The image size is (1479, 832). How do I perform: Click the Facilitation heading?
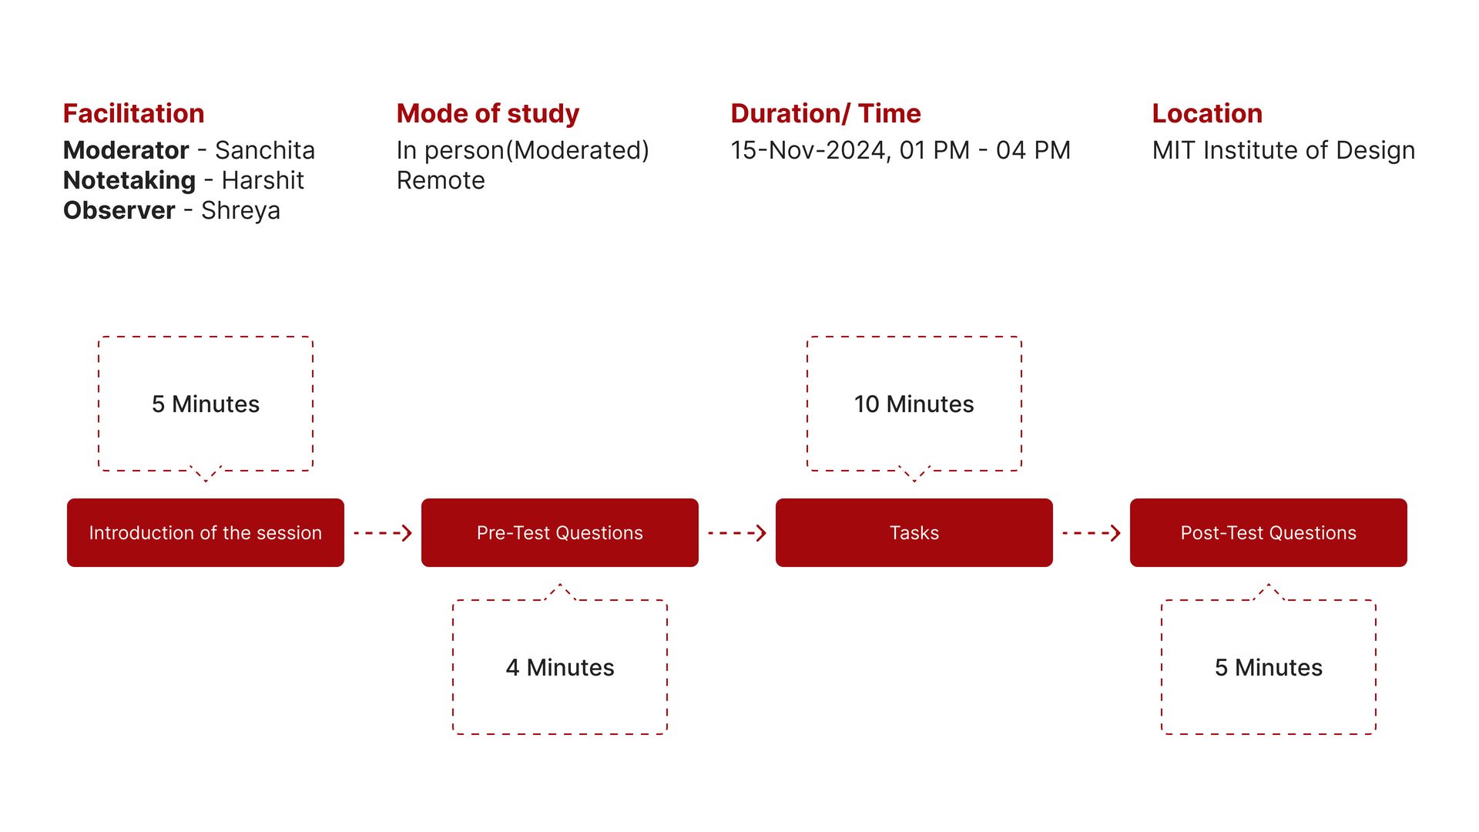(133, 113)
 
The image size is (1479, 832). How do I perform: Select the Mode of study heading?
(488, 114)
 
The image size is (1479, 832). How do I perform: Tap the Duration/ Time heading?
(826, 113)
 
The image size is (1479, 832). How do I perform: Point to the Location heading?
(1207, 113)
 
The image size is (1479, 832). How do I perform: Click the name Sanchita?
(265, 149)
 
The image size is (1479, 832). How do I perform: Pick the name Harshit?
(263, 179)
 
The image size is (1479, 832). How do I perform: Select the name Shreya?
(240, 210)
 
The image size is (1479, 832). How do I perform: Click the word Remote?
(441, 179)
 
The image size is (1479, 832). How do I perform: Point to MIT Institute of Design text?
(1283, 150)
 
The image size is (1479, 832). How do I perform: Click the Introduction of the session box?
(206, 532)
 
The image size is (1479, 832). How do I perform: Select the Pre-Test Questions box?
(560, 532)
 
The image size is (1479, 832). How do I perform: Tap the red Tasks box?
(914, 532)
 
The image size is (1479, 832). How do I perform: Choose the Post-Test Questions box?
(1269, 532)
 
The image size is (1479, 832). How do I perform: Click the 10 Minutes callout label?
(914, 404)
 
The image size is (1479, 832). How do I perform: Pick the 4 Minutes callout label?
(560, 667)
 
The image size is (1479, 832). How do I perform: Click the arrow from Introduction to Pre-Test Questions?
(383, 532)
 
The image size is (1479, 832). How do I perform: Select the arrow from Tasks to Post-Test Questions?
(1092, 532)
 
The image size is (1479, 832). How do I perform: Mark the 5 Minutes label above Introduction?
(206, 404)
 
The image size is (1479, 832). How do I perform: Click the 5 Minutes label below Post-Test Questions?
(1269, 667)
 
